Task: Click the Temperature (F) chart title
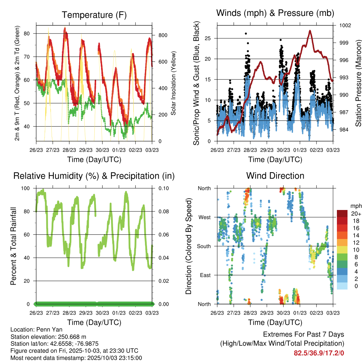pos(94,15)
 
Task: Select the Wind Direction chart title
pos(275,176)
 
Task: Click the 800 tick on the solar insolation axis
pos(163,35)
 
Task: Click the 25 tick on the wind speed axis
pos(211,38)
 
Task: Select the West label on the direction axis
pos(204,217)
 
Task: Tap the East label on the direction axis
pos(205,275)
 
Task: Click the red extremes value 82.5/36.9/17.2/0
pos(319,353)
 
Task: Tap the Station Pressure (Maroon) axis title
pos(358,83)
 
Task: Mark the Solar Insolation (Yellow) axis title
pos(174,83)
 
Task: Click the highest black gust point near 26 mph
pos(246,34)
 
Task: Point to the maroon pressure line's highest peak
pos(310,31)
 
